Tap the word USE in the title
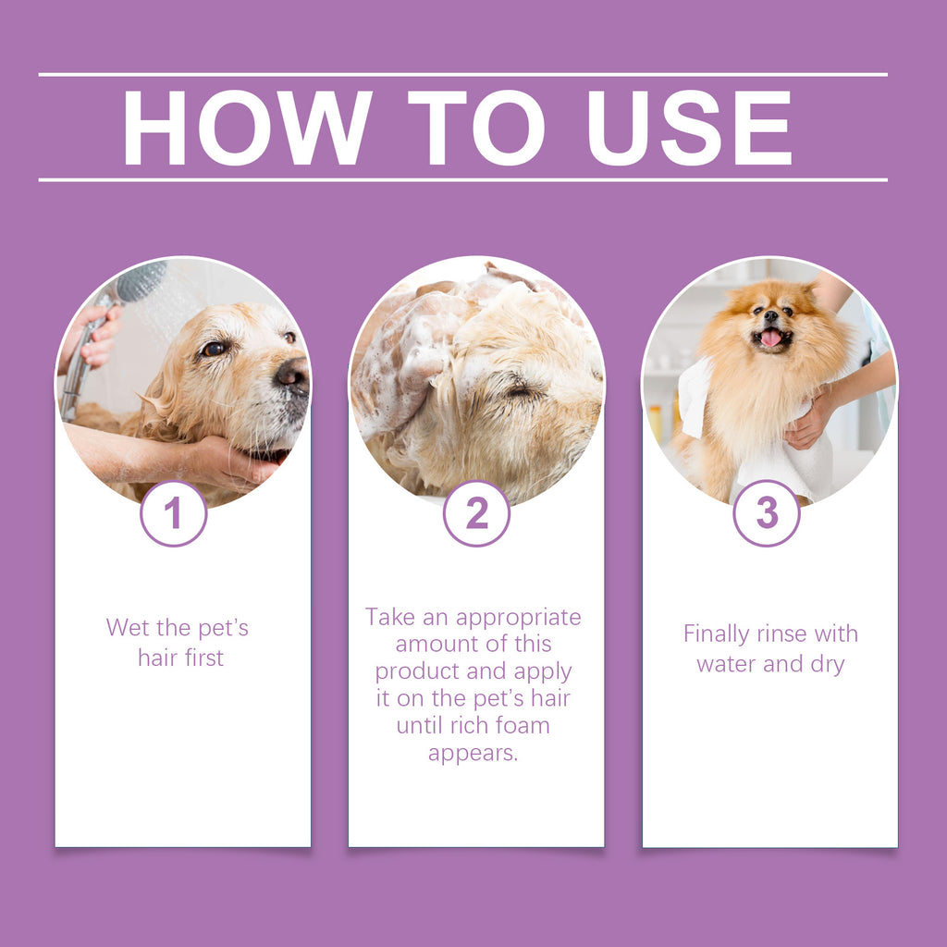[x=689, y=129]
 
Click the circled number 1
[x=173, y=513]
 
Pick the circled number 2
[x=476, y=513]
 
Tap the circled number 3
[x=767, y=513]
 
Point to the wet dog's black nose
[x=293, y=375]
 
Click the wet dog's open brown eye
[x=214, y=349]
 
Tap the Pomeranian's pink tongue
[x=770, y=338]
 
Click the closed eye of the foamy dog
[x=520, y=391]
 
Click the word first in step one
[x=203, y=658]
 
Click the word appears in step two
[x=473, y=753]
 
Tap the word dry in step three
[x=826, y=664]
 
